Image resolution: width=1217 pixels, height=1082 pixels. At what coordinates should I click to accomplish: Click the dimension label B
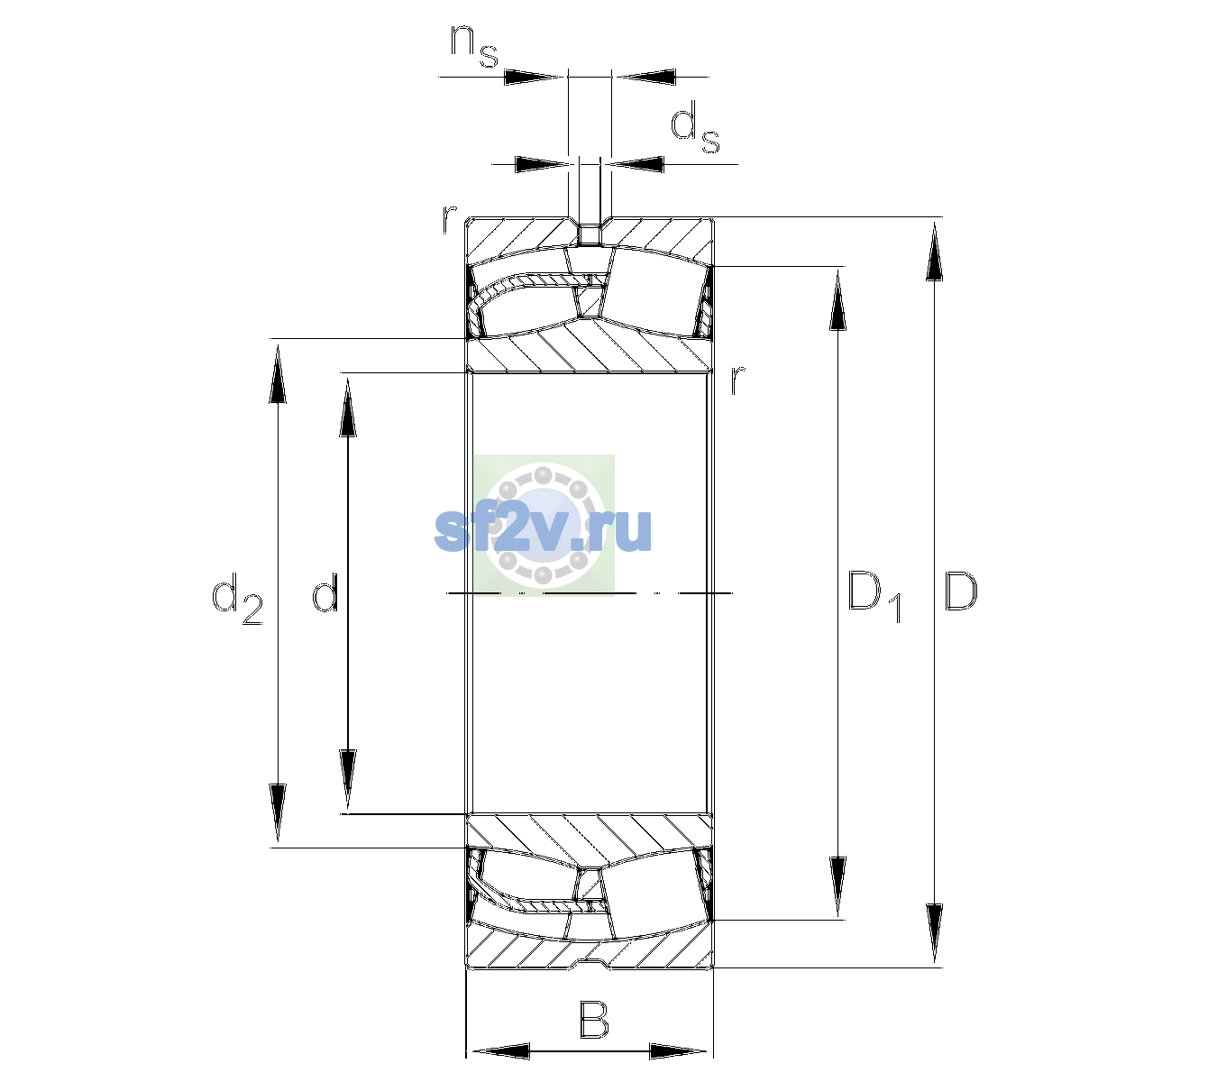pos(593,1019)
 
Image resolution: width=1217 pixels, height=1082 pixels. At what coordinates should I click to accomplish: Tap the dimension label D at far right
pos(961,591)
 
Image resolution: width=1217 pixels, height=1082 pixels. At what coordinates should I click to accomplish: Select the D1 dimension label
pos(874,597)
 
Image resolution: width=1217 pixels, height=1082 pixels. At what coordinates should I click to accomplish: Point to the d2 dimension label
pos(237,599)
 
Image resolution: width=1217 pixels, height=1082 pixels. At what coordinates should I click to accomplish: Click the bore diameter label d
pos(325,591)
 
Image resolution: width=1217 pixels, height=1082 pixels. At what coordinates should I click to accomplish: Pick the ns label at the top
pos(474,47)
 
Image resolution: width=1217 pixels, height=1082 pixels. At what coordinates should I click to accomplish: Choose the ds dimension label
pos(695,127)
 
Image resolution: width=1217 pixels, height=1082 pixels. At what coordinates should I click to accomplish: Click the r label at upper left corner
pos(449,219)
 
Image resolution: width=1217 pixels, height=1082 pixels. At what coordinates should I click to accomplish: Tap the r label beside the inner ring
pos(737,380)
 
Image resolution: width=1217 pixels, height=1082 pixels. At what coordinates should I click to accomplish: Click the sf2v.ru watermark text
pos(543,528)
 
